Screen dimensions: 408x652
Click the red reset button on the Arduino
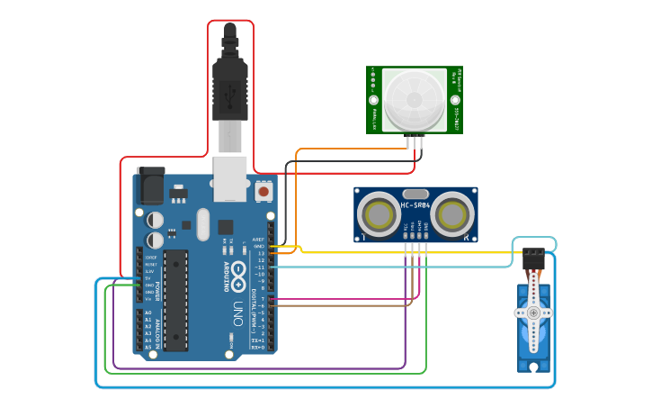tap(263, 191)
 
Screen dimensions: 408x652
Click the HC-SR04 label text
tap(415, 206)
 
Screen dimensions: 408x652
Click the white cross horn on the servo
tap(532, 312)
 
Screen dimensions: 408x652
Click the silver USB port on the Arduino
tap(230, 178)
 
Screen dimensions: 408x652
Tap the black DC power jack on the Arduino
tap(149, 187)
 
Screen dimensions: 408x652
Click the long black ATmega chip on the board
tap(176, 300)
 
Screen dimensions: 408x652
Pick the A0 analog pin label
tap(148, 312)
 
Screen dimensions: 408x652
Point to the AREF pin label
tap(259, 240)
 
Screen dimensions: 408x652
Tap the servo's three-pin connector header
tap(533, 256)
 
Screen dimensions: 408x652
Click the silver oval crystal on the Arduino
tap(201, 224)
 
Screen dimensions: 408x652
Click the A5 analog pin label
tap(148, 348)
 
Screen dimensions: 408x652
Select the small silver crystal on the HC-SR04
tap(415, 194)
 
